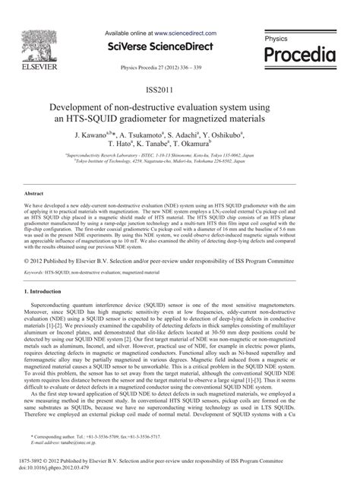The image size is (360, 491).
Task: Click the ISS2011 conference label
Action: (180, 90)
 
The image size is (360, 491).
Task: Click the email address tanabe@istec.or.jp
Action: (79, 442)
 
